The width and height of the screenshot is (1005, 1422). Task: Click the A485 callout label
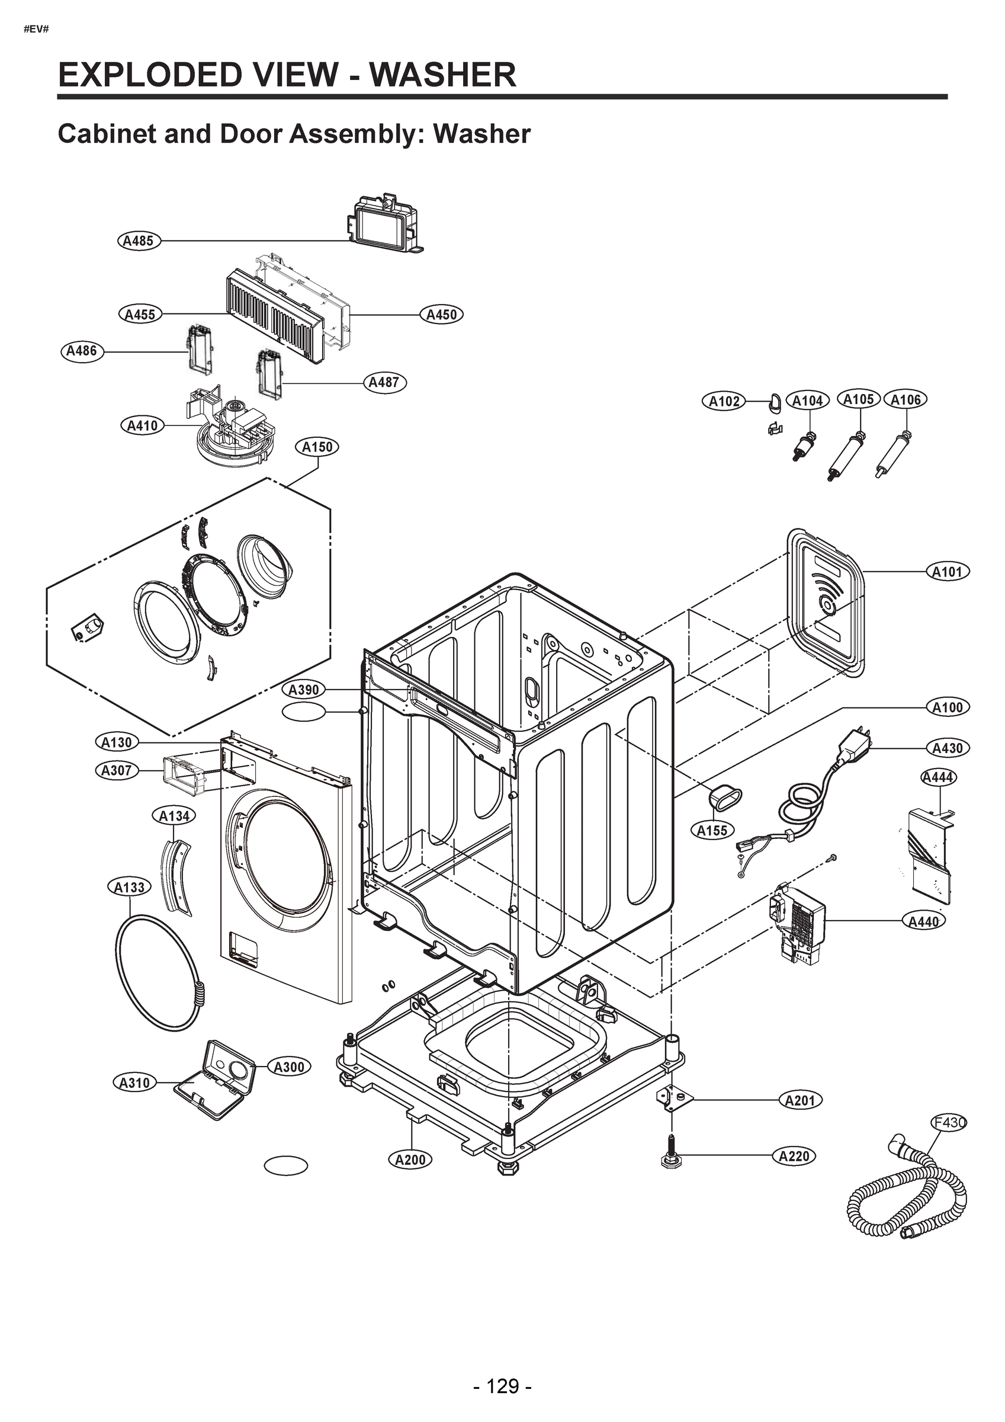[x=139, y=241]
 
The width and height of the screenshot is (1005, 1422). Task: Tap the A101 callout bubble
[x=948, y=572]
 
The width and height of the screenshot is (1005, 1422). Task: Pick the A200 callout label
[x=410, y=1160]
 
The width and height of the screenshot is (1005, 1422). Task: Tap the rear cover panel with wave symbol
[x=825, y=603]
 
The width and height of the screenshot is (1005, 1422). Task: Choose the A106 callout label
[x=906, y=400]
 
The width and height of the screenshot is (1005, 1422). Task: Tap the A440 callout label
[x=923, y=921]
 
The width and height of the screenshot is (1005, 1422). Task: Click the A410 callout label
[x=142, y=426]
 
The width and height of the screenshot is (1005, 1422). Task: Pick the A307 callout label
[x=117, y=770]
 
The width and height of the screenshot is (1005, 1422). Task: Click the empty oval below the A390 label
[x=303, y=713]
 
